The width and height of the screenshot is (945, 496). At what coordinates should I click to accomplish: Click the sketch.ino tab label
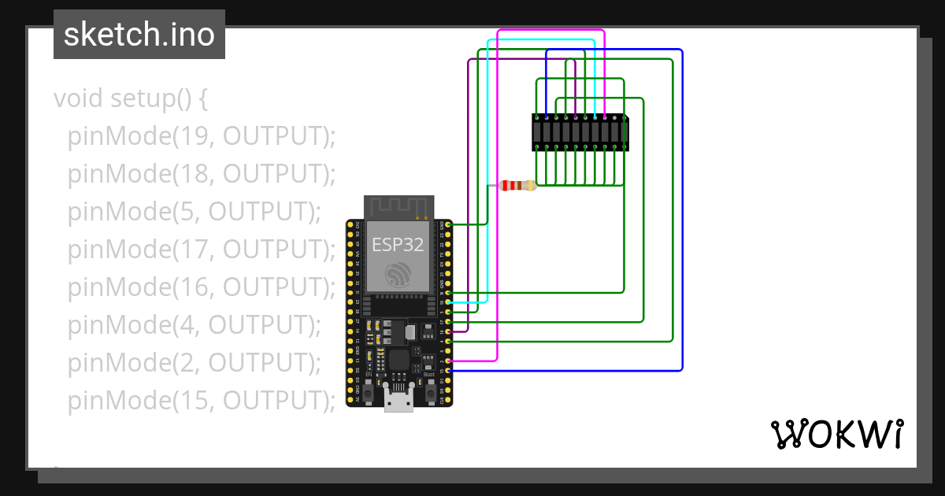(x=139, y=35)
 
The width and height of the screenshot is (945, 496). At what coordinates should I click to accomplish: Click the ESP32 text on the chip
(x=398, y=244)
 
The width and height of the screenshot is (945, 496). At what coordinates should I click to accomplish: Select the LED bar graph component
(x=580, y=132)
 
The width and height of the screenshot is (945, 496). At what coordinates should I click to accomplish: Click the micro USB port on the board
(x=398, y=399)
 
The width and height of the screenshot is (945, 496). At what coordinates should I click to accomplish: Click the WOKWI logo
(x=836, y=434)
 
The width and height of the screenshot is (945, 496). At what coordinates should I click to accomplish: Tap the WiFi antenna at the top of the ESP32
(x=398, y=208)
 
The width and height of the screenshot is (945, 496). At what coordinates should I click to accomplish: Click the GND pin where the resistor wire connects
(x=448, y=225)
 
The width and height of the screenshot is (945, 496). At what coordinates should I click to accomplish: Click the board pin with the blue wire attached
(x=448, y=370)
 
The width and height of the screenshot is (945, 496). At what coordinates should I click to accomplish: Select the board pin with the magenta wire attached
(x=448, y=361)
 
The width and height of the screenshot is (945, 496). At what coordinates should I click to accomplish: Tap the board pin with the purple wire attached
(x=448, y=331)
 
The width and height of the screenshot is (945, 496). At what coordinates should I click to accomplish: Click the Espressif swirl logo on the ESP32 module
(x=398, y=275)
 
